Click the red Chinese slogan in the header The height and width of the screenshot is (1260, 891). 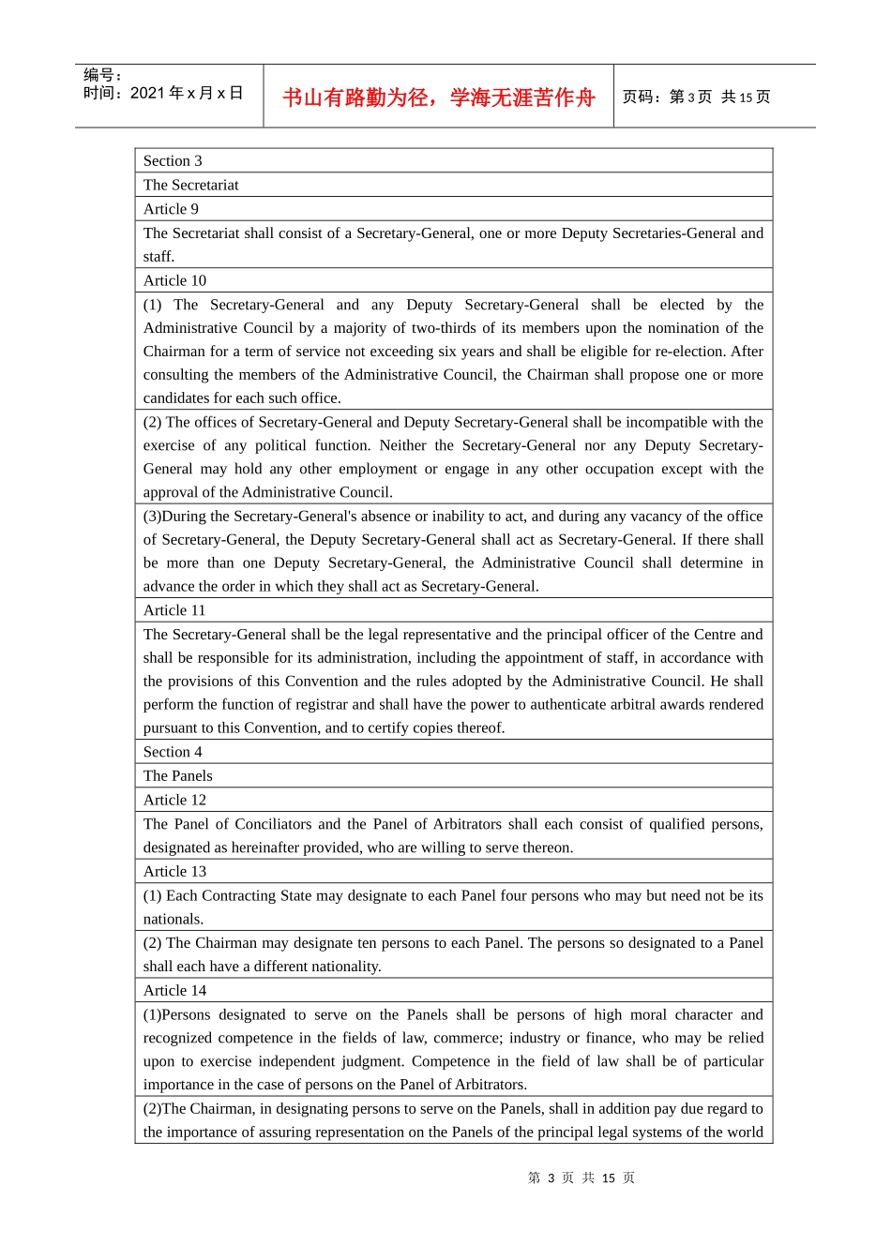click(438, 97)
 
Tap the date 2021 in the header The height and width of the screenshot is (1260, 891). click(147, 93)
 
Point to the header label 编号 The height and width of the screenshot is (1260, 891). click(101, 75)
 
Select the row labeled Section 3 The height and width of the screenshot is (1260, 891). click(173, 161)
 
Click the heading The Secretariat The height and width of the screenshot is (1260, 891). click(191, 185)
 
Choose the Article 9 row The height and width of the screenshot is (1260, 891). click(171, 209)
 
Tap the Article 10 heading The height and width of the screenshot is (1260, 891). click(174, 280)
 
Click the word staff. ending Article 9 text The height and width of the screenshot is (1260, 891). click(159, 257)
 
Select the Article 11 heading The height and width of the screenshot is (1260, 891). click(174, 610)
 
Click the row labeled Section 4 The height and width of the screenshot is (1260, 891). click(173, 752)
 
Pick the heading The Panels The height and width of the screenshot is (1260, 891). click(178, 775)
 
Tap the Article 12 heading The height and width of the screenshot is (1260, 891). click(174, 800)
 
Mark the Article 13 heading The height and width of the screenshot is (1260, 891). click(174, 871)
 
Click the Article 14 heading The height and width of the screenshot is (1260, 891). click(174, 990)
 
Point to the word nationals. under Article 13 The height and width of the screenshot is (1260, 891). click(174, 919)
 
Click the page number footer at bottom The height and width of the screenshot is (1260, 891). click(581, 1177)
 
